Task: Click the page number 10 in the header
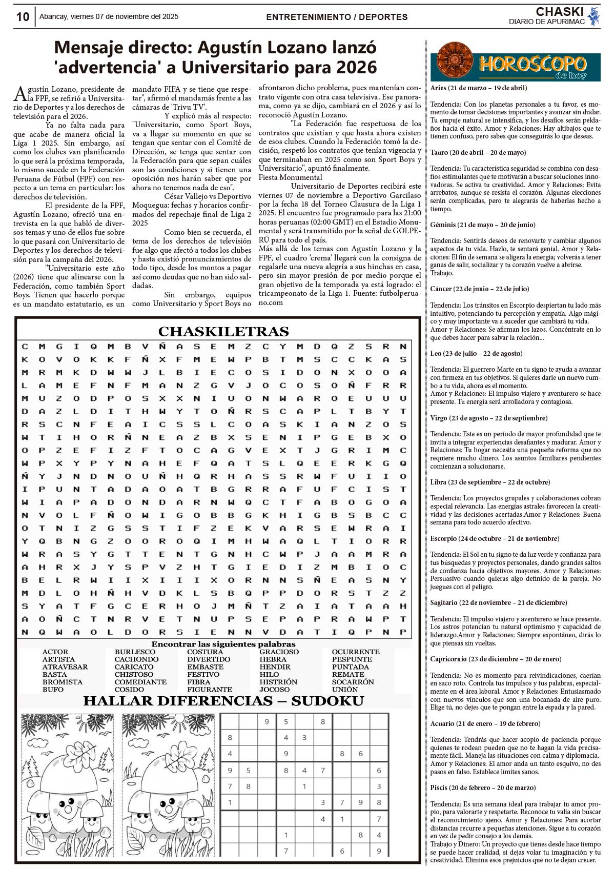(x=23, y=16)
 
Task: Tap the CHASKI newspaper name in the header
(x=560, y=12)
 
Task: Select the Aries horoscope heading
(x=478, y=88)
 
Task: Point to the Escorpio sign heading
(x=494, y=538)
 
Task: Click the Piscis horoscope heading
(x=483, y=787)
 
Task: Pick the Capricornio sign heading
(x=496, y=659)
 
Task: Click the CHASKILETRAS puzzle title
(x=223, y=331)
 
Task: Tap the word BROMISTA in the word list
(x=62, y=682)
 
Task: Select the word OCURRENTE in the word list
(x=355, y=652)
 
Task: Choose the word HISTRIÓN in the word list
(x=278, y=682)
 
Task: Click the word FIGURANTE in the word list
(x=210, y=690)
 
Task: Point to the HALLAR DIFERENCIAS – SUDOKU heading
(x=223, y=701)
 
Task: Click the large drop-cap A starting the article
(x=19, y=93)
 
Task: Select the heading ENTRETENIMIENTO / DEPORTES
(x=337, y=17)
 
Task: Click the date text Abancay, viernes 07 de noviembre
(x=109, y=16)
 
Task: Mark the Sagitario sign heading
(x=498, y=602)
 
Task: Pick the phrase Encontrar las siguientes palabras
(x=223, y=644)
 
